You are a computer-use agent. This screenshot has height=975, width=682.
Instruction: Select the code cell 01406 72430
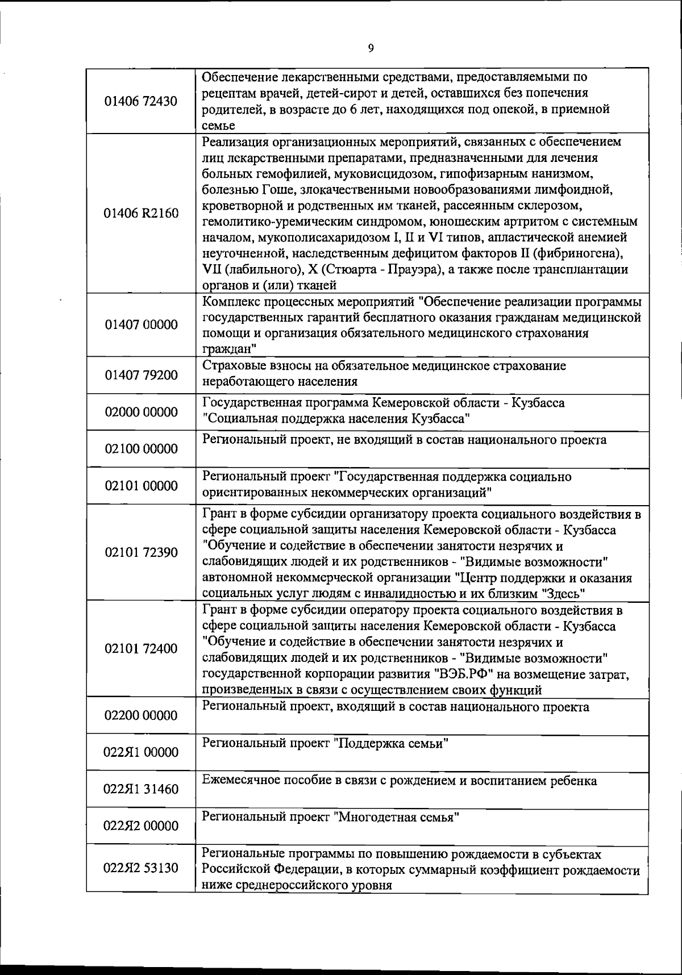coord(141,102)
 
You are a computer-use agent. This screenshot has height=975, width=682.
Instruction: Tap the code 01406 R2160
coord(141,214)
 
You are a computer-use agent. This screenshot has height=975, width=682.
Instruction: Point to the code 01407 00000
coord(141,325)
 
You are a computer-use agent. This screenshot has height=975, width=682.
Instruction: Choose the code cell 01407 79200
coord(141,376)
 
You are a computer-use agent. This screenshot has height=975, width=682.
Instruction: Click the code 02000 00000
coord(141,412)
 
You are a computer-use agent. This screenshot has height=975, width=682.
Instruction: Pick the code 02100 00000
coord(141,449)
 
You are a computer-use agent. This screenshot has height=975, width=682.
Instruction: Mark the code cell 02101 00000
coord(141,486)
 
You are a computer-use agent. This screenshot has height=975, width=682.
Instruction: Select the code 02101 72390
coord(141,552)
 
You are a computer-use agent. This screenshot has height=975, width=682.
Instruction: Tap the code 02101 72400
coord(141,649)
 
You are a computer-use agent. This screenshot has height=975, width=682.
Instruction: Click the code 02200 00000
coord(141,715)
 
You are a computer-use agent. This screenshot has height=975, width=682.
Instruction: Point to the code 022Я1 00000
coord(141,752)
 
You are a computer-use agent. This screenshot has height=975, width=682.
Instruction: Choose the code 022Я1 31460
coord(141,789)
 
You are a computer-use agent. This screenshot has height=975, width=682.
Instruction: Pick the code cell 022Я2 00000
coord(141,826)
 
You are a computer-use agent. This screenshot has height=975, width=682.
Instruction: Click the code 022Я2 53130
coord(141,868)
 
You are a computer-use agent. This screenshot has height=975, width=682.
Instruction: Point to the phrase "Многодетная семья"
coord(396,818)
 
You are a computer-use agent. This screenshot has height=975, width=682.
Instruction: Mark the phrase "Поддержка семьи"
coord(391,744)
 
